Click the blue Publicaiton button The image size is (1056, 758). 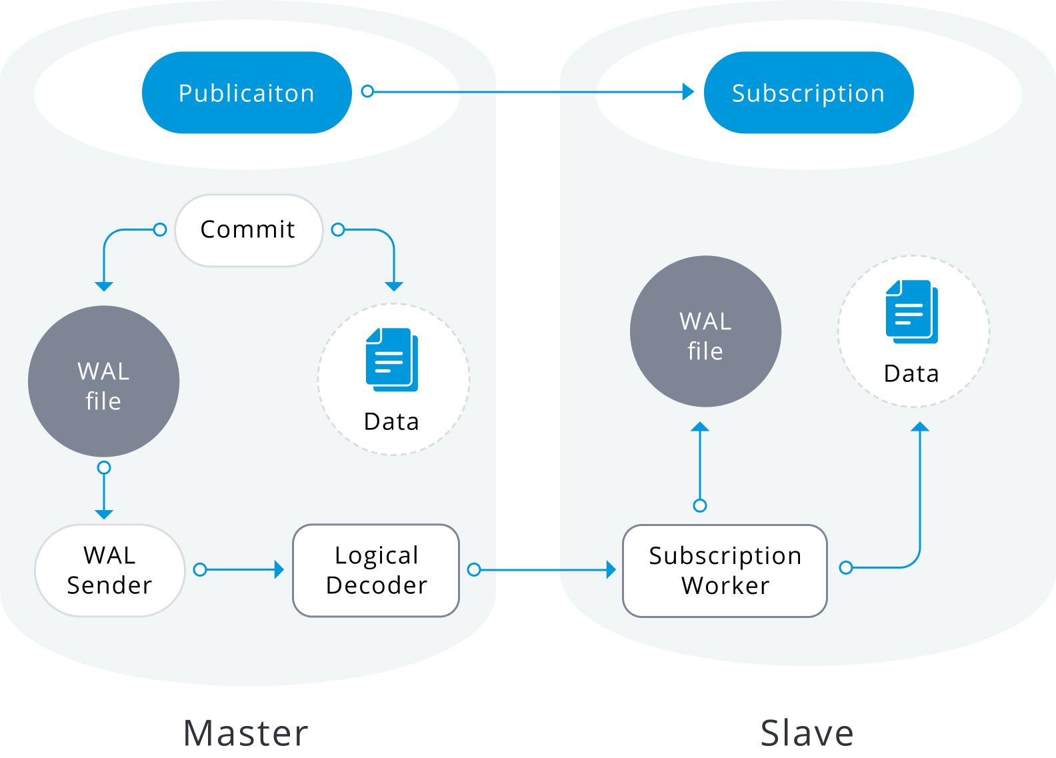pos(247,93)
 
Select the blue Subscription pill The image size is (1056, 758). pos(808,93)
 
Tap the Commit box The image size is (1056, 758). pos(249,230)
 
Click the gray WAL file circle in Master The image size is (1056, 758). pos(104,381)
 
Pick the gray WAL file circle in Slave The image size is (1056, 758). pos(705,331)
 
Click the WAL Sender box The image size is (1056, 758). pos(110,570)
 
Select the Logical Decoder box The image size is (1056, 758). pos(376,570)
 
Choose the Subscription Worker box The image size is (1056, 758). pos(725,571)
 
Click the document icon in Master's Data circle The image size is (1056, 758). pos(392,359)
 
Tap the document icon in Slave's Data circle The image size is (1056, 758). pos(911,311)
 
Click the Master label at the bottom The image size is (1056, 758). pos(246,733)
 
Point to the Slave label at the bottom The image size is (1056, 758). pos(807,733)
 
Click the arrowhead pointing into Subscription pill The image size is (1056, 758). pos(688,91)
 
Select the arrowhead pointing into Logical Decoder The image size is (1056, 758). pos(279,569)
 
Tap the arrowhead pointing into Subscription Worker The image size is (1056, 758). pos(611,569)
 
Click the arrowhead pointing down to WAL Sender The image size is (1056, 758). pos(104,515)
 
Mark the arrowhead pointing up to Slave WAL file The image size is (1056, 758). pos(700,427)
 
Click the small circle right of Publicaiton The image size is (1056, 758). pos(367,91)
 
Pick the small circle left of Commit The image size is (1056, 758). pos(160,230)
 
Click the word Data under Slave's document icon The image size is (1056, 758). pos(911,374)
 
